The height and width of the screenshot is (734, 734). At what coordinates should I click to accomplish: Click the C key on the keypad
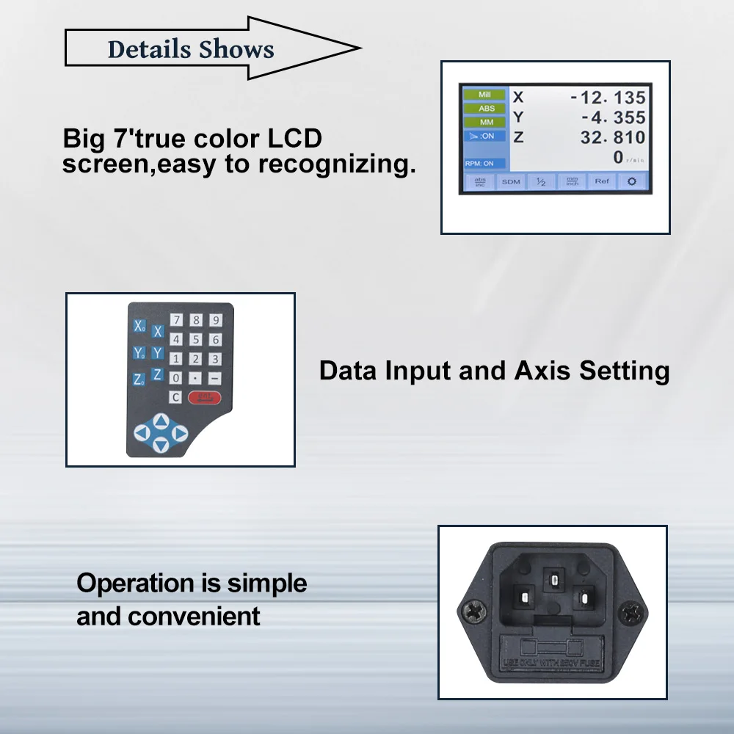(175, 397)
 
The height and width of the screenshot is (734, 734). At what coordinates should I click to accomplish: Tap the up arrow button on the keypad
(162, 421)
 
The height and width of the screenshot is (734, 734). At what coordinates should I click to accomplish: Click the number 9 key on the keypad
(215, 320)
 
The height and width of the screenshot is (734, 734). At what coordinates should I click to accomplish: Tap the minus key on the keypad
(215, 378)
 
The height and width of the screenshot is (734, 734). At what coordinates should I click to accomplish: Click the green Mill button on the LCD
(484, 95)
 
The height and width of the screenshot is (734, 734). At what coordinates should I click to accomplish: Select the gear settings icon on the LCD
(631, 181)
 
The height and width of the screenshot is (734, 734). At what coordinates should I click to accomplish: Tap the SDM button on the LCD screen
(511, 181)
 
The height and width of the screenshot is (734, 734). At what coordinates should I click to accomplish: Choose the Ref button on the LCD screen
(601, 181)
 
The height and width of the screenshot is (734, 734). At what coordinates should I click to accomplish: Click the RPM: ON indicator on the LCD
(479, 163)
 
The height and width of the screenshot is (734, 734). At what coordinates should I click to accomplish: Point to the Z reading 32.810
(612, 137)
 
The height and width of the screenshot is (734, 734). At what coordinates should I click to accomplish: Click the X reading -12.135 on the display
(608, 98)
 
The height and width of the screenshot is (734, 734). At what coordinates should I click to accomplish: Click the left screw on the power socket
(472, 611)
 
